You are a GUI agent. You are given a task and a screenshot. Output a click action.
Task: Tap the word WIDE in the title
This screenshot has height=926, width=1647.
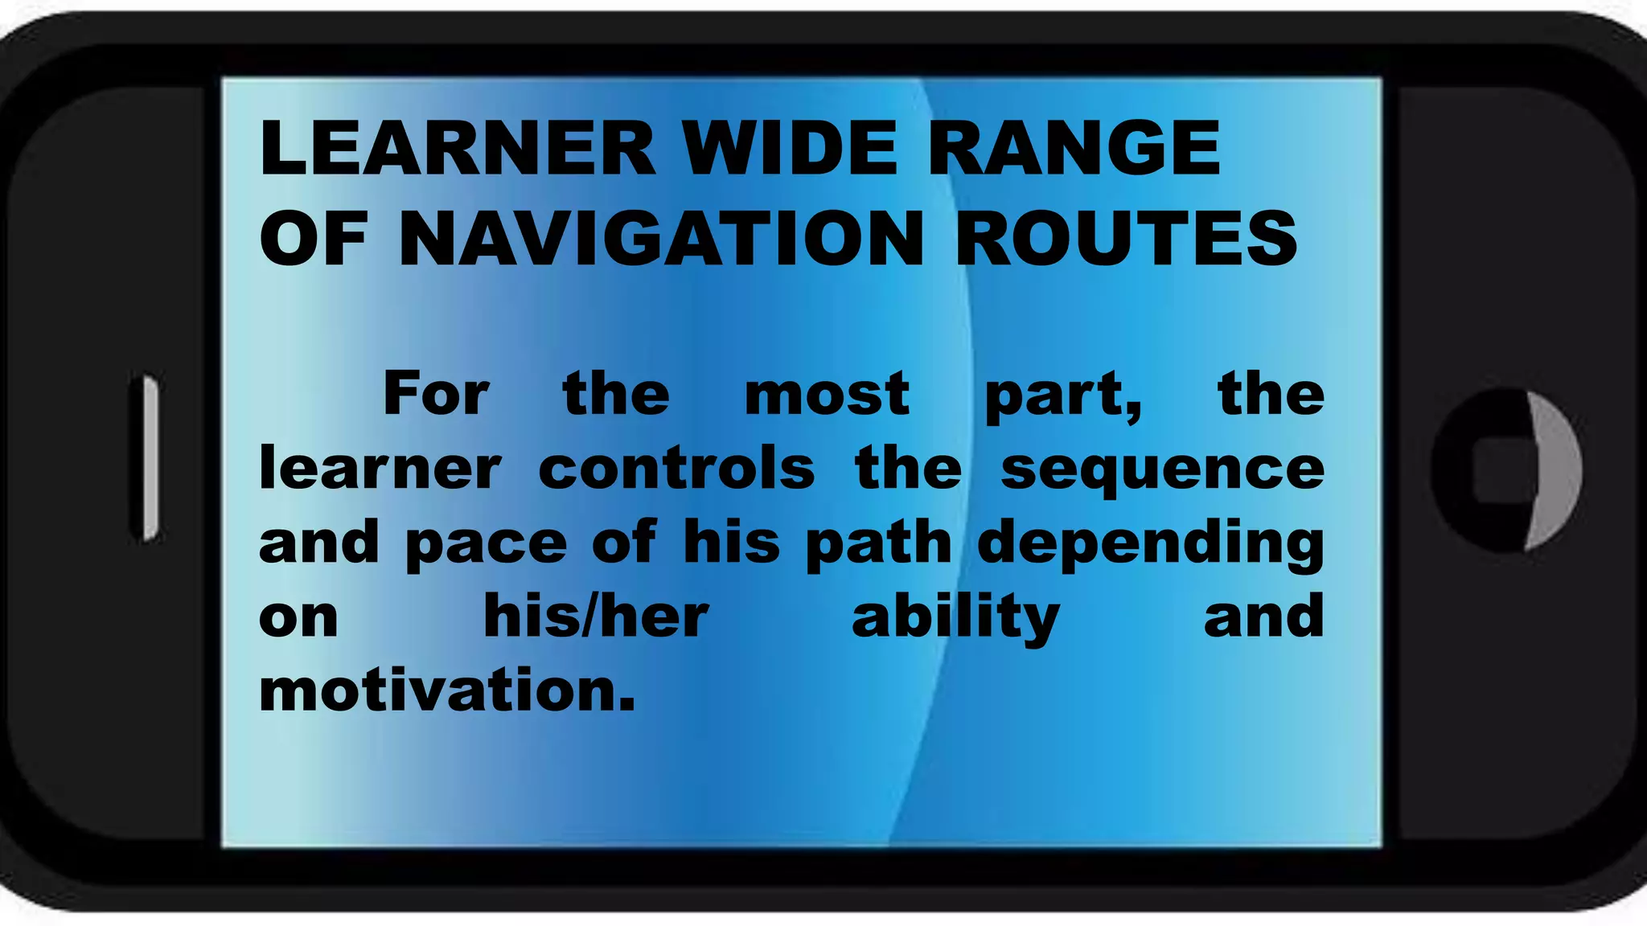[x=790, y=148]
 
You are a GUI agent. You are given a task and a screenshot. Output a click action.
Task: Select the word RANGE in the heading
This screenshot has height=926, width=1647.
[x=1074, y=148]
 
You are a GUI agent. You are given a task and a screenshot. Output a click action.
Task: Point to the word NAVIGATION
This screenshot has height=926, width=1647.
[x=661, y=239]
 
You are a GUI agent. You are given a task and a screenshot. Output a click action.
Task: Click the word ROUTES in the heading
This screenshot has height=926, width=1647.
[x=1126, y=239]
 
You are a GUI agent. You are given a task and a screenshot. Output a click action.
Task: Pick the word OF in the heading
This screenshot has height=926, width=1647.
[x=314, y=239]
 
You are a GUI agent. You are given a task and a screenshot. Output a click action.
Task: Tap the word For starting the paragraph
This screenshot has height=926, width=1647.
[x=436, y=394]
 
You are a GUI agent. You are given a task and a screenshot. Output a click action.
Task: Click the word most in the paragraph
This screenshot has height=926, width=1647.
[x=827, y=395]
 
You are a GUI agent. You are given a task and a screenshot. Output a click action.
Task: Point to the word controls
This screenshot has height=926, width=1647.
[x=676, y=469]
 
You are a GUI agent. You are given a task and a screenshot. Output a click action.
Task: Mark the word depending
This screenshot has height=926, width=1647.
[x=1151, y=544]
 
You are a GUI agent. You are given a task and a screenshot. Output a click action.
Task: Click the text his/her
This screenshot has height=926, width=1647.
[x=596, y=617]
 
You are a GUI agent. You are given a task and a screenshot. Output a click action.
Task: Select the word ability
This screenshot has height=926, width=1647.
[x=955, y=617]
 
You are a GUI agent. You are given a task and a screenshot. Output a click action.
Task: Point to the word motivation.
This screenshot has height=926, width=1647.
[x=447, y=690]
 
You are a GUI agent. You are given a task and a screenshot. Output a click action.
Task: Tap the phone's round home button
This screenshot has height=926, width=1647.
[x=1505, y=469]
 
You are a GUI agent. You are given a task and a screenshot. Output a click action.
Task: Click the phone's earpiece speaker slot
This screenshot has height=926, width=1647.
[x=149, y=457]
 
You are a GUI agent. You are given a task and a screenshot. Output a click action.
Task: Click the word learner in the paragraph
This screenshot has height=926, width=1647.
[x=380, y=469]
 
